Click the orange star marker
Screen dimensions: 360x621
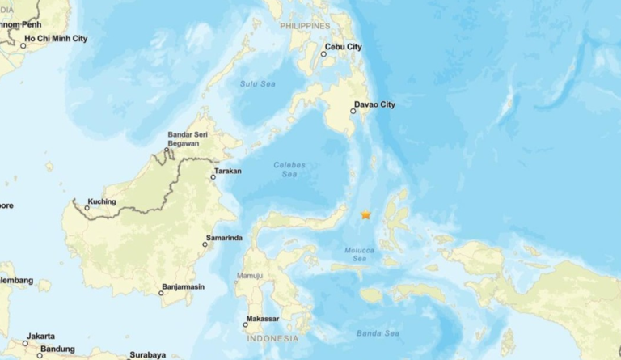365,214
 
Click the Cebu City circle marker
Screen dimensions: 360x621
323,54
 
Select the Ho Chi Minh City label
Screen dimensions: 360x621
57,38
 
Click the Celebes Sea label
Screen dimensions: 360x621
289,169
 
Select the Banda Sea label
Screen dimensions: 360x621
378,332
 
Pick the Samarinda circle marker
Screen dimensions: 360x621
205,244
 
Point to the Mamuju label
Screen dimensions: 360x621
249,277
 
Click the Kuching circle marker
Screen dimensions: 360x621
87,208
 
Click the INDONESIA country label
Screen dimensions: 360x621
272,338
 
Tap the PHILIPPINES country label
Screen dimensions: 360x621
306,26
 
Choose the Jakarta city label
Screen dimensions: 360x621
40,336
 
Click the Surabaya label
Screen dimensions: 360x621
147,354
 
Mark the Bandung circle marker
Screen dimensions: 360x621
39,355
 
